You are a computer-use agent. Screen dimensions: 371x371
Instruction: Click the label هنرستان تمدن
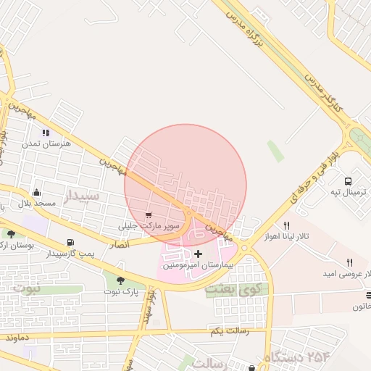click(x=46, y=144)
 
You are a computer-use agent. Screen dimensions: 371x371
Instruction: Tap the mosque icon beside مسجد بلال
click(x=37, y=192)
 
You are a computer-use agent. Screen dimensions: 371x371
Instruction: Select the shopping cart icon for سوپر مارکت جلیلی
click(x=149, y=215)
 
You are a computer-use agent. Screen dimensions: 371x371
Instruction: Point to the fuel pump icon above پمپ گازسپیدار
click(x=70, y=243)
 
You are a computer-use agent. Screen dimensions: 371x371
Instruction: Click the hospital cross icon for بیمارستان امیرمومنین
click(x=199, y=254)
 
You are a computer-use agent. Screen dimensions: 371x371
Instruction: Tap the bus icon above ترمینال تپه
click(x=348, y=181)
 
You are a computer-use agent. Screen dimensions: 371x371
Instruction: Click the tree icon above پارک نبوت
click(x=120, y=280)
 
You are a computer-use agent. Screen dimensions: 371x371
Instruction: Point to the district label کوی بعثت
click(x=228, y=288)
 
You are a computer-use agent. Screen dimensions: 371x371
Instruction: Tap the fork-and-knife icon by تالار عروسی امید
click(x=349, y=262)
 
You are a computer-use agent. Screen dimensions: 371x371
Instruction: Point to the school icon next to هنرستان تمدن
click(x=46, y=133)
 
